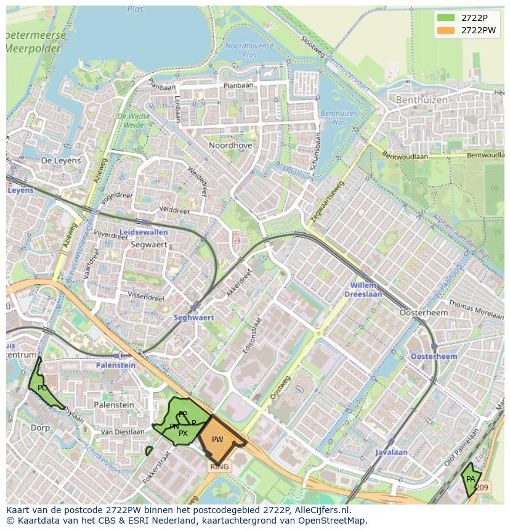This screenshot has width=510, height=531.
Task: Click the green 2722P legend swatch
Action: pyautogui.click(x=447, y=18)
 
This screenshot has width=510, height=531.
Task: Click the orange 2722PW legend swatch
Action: pyautogui.click(x=447, y=30)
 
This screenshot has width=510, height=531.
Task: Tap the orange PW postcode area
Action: pyautogui.click(x=219, y=439)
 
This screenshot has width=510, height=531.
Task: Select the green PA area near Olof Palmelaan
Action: pyautogui.click(x=471, y=479)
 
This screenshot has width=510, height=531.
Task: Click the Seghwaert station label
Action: pyautogui.click(x=193, y=317)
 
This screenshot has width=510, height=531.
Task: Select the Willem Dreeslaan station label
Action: pyautogui.click(x=365, y=290)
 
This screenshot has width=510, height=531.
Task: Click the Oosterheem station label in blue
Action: pyautogui.click(x=434, y=356)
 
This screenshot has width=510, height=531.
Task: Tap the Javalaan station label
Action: pyautogui.click(x=392, y=452)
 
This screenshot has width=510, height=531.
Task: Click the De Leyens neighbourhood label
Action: pyautogui.click(x=61, y=160)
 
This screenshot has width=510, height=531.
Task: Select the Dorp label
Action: pyautogui.click(x=40, y=427)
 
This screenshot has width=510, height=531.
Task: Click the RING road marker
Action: pyautogui.click(x=219, y=467)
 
